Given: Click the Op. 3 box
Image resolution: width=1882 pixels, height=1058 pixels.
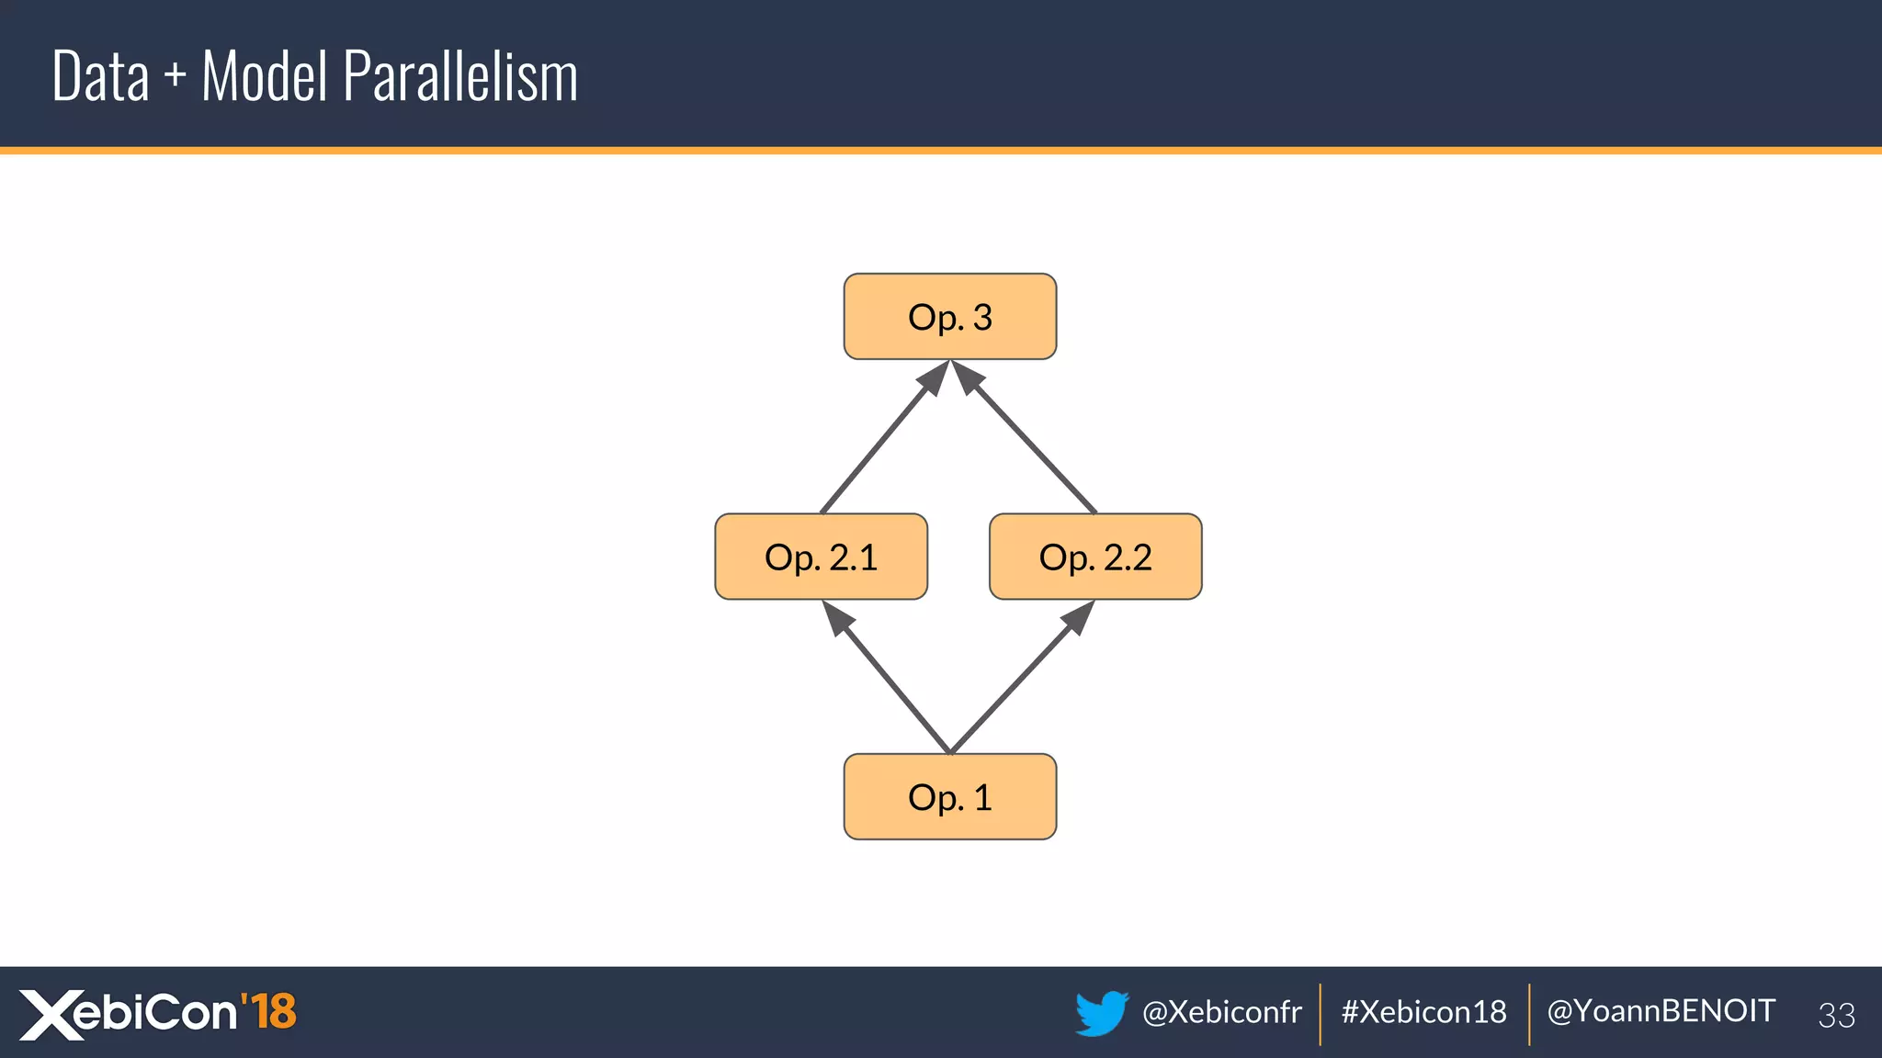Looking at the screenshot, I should (949, 317).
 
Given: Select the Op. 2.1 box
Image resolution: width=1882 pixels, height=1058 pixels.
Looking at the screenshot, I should (821, 557).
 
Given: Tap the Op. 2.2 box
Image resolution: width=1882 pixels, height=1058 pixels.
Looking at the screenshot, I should (1094, 557).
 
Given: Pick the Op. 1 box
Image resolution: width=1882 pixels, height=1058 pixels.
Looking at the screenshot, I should (949, 797).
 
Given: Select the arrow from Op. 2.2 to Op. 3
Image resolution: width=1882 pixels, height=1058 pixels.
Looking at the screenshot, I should (1027, 442).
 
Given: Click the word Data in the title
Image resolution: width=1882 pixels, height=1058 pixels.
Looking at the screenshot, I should (100, 76).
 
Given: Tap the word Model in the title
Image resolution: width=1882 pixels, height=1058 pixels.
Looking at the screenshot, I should (264, 76).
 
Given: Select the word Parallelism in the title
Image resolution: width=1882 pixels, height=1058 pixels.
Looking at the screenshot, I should (460, 76).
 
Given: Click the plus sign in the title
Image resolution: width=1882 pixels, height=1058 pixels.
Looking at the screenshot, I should (175, 77).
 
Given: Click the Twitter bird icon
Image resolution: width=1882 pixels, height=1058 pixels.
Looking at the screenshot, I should (1101, 1012).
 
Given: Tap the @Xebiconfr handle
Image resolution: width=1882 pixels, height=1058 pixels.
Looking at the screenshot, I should (1221, 1012).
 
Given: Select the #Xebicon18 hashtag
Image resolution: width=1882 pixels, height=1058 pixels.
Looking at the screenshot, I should (1423, 1012).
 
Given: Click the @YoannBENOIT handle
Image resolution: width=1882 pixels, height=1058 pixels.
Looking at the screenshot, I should (1661, 1011).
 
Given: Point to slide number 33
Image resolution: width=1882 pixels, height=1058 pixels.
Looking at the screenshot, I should (1836, 1015).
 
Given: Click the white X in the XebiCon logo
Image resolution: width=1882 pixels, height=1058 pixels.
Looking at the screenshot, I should (51, 1015).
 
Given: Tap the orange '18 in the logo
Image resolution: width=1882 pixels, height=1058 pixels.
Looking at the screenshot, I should (268, 1011).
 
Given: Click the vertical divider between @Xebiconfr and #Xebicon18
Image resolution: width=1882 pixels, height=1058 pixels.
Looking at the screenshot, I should (1321, 1014).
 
